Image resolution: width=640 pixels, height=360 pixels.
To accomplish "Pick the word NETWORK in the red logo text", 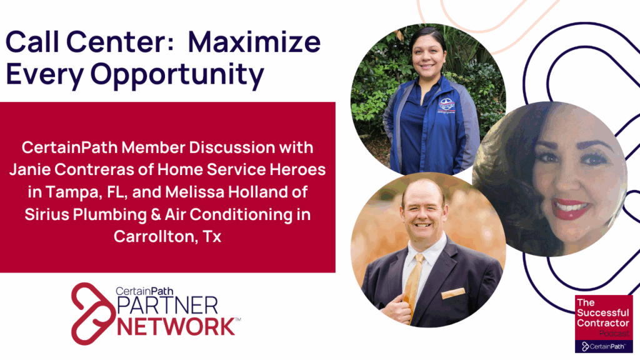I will pos(177,326).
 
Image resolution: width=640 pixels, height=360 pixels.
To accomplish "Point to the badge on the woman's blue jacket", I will pos(446,104).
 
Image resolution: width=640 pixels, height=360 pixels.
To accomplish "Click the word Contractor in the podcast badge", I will pos(604,323).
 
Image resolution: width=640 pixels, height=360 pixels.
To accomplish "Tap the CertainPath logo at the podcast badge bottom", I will pos(604,346).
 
